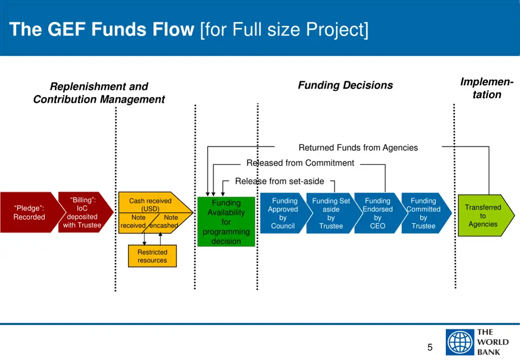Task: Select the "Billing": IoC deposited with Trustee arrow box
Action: pos(83,212)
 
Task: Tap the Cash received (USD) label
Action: pos(150,205)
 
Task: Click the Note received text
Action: pos(134,221)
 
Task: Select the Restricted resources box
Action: pos(152,256)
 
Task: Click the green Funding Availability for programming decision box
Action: pos(226,221)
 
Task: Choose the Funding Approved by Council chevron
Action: pos(283,213)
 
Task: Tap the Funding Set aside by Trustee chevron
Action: pos(331,213)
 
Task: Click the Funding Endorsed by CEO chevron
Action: pos(377,213)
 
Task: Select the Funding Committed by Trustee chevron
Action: pos(424,213)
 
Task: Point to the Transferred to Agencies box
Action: pos(483,215)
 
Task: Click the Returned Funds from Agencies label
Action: pos(358,148)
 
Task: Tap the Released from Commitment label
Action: pos(300,163)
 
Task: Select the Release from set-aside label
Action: pos(279,181)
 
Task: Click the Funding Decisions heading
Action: pos(345,85)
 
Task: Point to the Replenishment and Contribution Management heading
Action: pos(99,93)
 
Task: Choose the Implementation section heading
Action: pos(486,88)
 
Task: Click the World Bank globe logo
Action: pos(460,342)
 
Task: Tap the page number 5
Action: pos(430,348)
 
